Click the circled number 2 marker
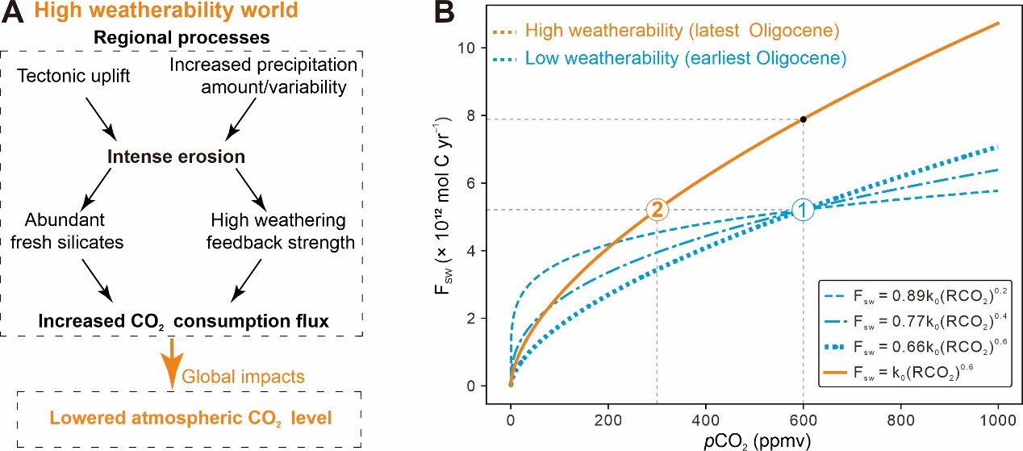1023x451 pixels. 657,210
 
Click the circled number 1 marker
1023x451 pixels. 803,210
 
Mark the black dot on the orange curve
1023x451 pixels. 803,119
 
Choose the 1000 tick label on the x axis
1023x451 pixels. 998,420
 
